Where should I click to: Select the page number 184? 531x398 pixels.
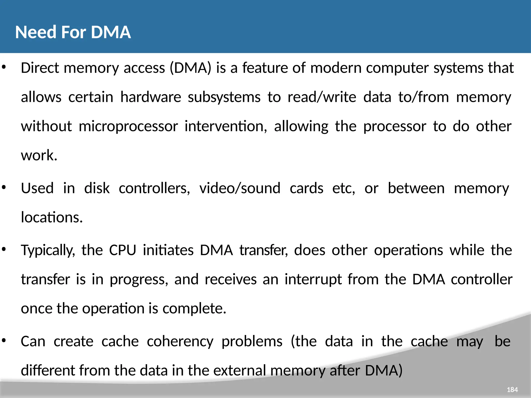(x=512, y=390)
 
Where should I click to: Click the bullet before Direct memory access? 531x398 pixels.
(x=4, y=67)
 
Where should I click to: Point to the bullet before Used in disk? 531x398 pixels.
(x=4, y=188)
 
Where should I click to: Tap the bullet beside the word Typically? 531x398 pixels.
(x=4, y=250)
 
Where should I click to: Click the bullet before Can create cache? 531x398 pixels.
(x=4, y=341)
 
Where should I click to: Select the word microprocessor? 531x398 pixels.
(x=128, y=126)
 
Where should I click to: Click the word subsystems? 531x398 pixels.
(x=224, y=97)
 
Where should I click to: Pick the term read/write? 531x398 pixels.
(x=322, y=97)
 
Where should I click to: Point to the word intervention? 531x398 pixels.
(x=226, y=126)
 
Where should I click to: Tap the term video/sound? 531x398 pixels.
(x=240, y=188)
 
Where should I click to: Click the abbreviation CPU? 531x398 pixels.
(x=123, y=250)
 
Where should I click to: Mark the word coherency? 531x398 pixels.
(x=180, y=341)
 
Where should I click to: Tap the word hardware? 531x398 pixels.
(x=151, y=97)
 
